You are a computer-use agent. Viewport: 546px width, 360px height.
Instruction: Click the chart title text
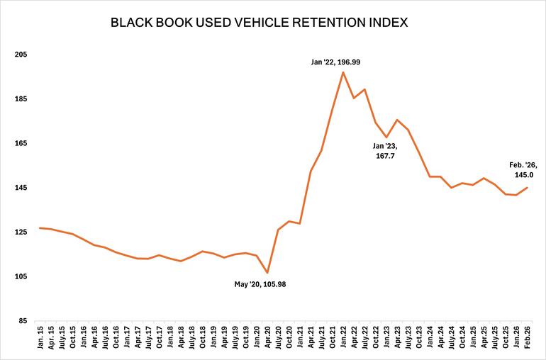click(259, 23)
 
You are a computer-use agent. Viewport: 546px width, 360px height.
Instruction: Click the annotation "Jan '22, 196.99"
click(335, 62)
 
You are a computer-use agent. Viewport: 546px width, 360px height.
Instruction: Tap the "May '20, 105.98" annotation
click(260, 284)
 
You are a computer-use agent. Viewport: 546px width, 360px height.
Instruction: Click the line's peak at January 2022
click(343, 72)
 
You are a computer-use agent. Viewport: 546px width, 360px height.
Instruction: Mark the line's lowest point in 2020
click(267, 273)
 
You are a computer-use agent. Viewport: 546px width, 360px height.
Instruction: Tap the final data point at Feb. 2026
click(527, 188)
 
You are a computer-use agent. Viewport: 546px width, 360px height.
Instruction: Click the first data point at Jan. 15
click(40, 228)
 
